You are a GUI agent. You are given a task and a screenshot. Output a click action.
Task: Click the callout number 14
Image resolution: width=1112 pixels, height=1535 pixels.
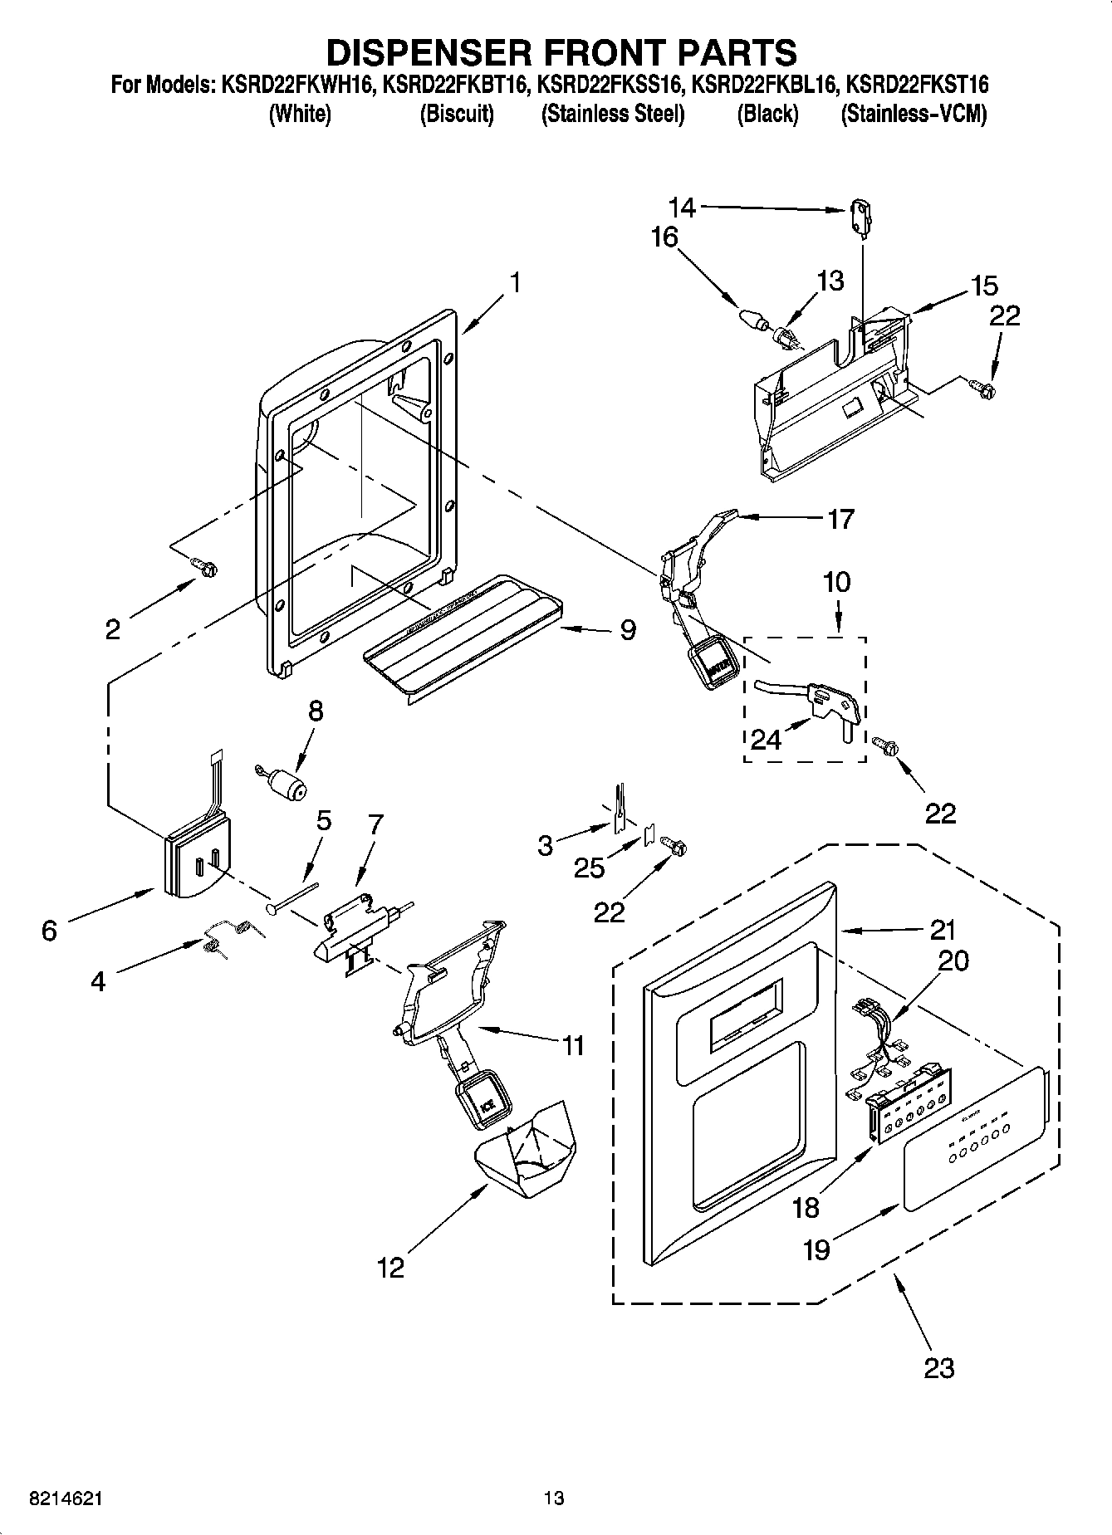(x=682, y=206)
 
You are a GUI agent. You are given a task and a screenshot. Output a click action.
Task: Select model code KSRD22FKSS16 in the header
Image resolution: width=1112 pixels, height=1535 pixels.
(x=609, y=84)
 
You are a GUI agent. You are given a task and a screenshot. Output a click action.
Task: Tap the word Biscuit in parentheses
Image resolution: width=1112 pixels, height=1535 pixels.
(x=457, y=114)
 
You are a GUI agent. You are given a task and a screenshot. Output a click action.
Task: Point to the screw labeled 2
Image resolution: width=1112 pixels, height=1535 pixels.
(x=204, y=566)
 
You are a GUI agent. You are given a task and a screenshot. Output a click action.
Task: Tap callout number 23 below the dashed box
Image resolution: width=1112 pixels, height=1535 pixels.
(x=939, y=1366)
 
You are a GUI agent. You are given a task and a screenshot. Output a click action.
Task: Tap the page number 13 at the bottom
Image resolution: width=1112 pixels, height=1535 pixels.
(x=554, y=1498)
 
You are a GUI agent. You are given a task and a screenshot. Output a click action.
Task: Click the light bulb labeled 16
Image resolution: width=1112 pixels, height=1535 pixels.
(x=751, y=318)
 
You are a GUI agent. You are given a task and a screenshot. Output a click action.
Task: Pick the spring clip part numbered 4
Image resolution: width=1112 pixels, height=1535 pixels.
(x=227, y=934)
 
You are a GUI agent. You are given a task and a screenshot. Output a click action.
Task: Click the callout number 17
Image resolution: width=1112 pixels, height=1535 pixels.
(x=840, y=519)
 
